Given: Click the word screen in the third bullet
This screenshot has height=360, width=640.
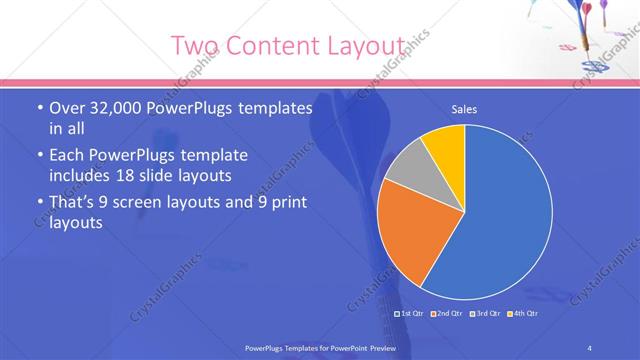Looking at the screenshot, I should (x=158, y=203).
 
